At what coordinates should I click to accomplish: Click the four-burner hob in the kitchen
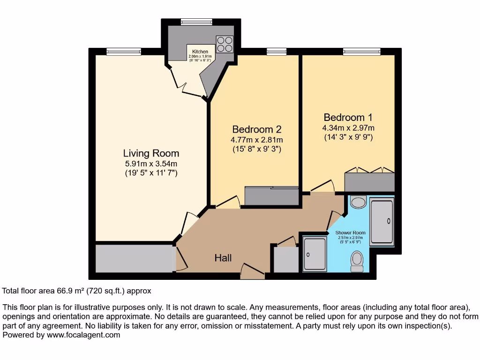point(224,44)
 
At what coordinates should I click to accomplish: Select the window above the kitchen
point(196,22)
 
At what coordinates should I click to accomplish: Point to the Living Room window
point(124,52)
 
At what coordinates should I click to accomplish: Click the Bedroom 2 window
point(277,52)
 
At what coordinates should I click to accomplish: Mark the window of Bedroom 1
point(361,52)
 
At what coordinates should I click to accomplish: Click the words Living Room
point(151,153)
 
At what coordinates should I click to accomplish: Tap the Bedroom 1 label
point(348,117)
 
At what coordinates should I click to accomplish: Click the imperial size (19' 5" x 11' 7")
point(151,173)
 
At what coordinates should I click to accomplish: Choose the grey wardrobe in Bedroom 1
point(369,182)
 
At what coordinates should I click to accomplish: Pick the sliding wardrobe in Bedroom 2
point(272,196)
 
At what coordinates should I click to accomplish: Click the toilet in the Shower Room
point(357,261)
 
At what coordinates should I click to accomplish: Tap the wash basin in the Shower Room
point(359,202)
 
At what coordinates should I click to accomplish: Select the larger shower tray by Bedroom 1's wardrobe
point(382,221)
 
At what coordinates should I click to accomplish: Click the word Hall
point(223,258)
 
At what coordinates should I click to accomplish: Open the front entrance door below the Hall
point(252,272)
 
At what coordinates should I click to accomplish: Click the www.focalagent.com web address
point(82,335)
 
